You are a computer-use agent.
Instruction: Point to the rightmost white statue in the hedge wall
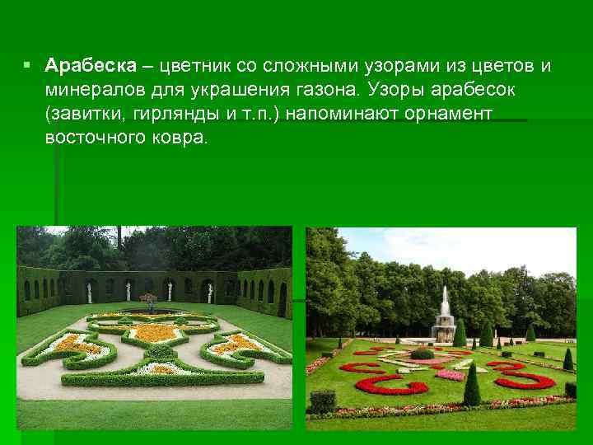pos(211,289)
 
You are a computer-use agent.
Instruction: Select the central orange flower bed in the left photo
pos(152,332)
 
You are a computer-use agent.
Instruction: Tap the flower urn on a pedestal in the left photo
pos(148,301)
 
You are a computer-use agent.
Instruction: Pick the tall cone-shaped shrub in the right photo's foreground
pos(472,386)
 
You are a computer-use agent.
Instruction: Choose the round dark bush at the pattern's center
pos(422,354)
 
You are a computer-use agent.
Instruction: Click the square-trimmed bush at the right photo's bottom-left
pos(322,401)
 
